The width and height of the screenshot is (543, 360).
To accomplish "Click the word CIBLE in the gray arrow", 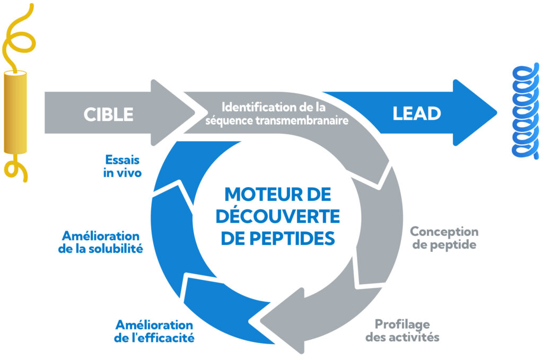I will click(x=108, y=114).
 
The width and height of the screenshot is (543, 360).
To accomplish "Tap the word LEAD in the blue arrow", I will click(x=416, y=113).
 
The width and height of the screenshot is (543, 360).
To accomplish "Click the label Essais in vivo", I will click(x=122, y=165).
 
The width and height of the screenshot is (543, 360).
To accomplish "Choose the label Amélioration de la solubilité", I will click(x=101, y=242).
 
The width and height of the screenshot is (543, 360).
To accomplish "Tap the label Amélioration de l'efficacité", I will click(x=154, y=331).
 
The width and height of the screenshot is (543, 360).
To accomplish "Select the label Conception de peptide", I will click(x=444, y=238).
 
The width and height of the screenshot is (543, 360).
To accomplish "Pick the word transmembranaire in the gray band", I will click(x=309, y=120).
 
